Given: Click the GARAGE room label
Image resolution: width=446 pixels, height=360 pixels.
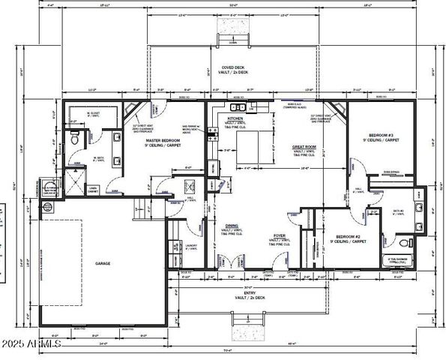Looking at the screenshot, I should pos(103,264).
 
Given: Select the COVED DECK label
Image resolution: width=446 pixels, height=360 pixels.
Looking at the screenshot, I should pos(223,67).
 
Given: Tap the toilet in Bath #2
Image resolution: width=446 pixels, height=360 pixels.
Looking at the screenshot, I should pos(404,244).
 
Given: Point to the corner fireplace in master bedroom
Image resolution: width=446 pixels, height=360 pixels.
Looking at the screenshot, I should pos(136,111).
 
